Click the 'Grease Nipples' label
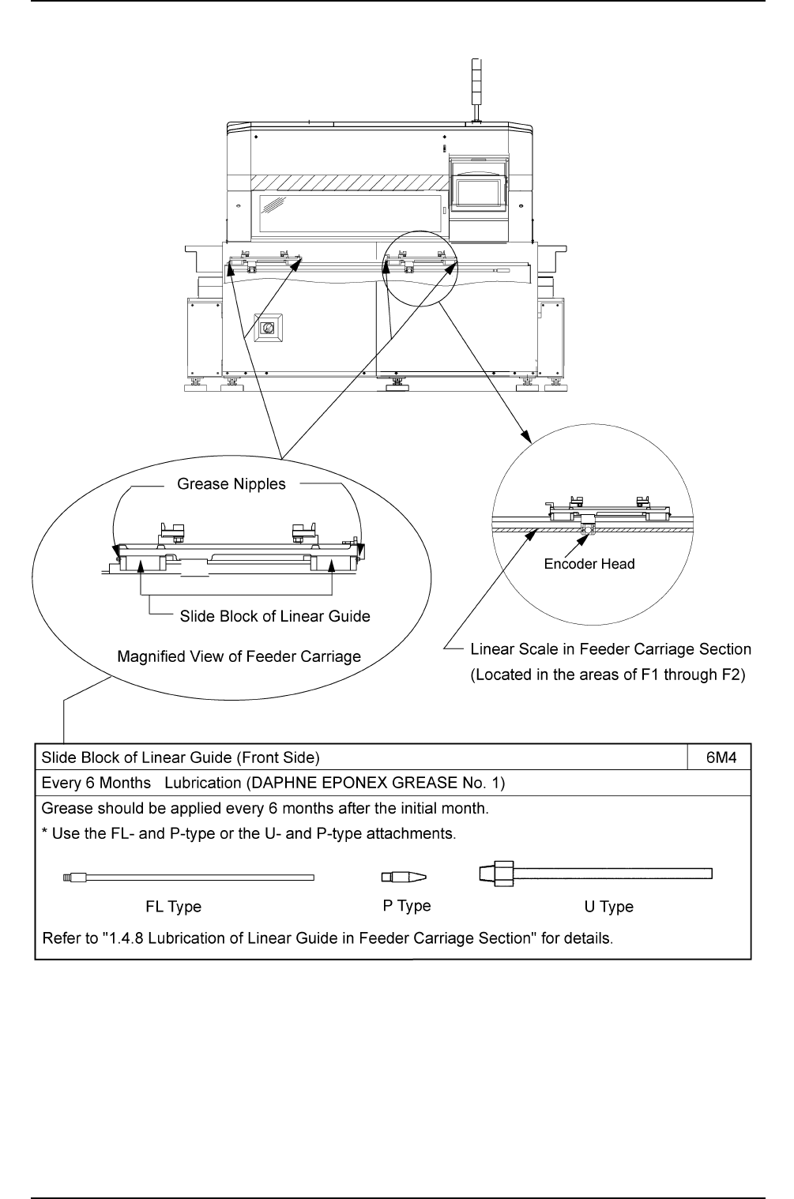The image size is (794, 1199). tap(231, 484)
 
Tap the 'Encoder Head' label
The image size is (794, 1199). tap(589, 564)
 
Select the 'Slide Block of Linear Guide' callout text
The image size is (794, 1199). tap(275, 616)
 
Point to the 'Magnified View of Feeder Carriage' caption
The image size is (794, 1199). tap(239, 656)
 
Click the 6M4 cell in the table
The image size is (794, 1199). tap(721, 758)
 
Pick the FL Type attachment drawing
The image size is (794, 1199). tap(187, 877)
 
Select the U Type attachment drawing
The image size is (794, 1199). tap(596, 874)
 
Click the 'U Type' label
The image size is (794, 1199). tap(608, 907)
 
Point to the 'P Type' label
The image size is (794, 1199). tap(407, 906)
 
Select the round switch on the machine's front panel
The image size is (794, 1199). tap(269, 328)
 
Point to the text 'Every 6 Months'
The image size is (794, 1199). tap(96, 784)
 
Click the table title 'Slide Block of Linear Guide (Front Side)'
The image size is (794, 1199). tap(180, 758)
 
